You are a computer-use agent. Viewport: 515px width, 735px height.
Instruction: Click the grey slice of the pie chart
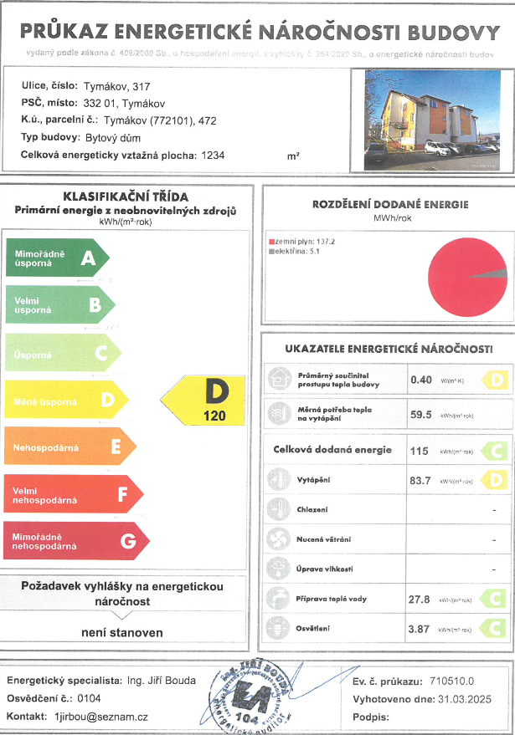point(495,273)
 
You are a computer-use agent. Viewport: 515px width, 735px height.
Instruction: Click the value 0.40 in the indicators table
point(420,380)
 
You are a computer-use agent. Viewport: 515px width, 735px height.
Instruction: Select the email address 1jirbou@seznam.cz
point(100,717)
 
